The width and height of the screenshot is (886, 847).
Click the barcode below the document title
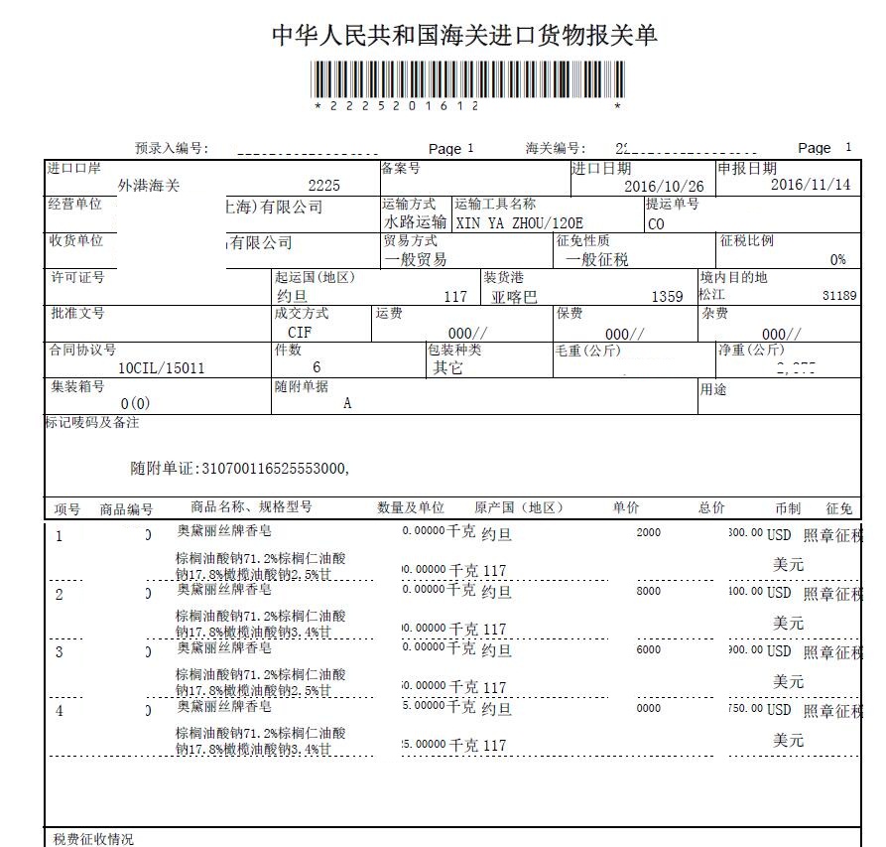click(x=468, y=79)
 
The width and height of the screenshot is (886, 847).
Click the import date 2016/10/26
click(x=664, y=187)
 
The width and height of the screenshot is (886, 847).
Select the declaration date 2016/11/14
click(x=811, y=185)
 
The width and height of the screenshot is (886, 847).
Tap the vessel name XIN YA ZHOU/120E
click(x=519, y=223)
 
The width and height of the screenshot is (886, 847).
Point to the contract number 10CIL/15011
click(x=161, y=368)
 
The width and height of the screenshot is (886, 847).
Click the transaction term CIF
click(x=300, y=333)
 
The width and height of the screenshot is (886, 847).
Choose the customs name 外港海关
click(x=149, y=186)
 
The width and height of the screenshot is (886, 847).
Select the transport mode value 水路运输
click(x=415, y=223)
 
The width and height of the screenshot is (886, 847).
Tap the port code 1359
click(x=667, y=297)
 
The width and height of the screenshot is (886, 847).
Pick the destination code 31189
click(x=839, y=296)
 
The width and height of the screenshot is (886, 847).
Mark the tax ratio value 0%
click(x=838, y=260)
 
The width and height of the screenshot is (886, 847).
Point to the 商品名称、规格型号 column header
click(x=251, y=507)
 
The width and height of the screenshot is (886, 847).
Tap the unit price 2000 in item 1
click(x=648, y=533)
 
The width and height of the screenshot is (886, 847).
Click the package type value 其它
click(x=447, y=368)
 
